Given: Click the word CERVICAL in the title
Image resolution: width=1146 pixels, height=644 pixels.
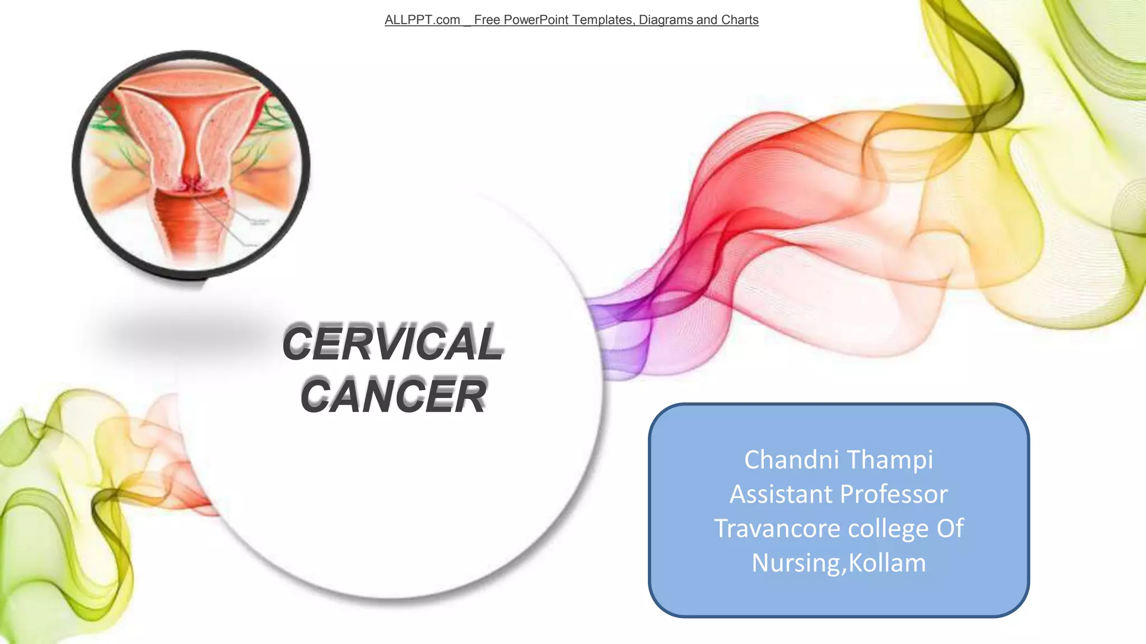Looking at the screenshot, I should click(393, 343).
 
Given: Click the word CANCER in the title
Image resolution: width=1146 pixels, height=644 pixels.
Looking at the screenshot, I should click(393, 396).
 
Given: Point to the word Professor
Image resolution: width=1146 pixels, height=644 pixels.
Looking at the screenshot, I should click(894, 494).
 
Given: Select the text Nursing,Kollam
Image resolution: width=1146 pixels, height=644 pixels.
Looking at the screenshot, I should click(838, 563).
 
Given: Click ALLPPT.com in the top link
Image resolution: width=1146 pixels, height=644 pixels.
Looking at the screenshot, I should click(422, 20).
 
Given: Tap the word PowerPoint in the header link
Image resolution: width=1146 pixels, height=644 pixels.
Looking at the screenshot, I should click(536, 20).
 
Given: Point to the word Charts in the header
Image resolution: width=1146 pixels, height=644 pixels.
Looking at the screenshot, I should click(740, 20).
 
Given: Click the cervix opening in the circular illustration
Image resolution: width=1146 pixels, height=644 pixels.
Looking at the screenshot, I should click(191, 184).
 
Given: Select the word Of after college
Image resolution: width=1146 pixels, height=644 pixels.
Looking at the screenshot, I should click(950, 528).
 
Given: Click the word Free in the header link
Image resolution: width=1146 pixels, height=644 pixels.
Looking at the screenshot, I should click(487, 20).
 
